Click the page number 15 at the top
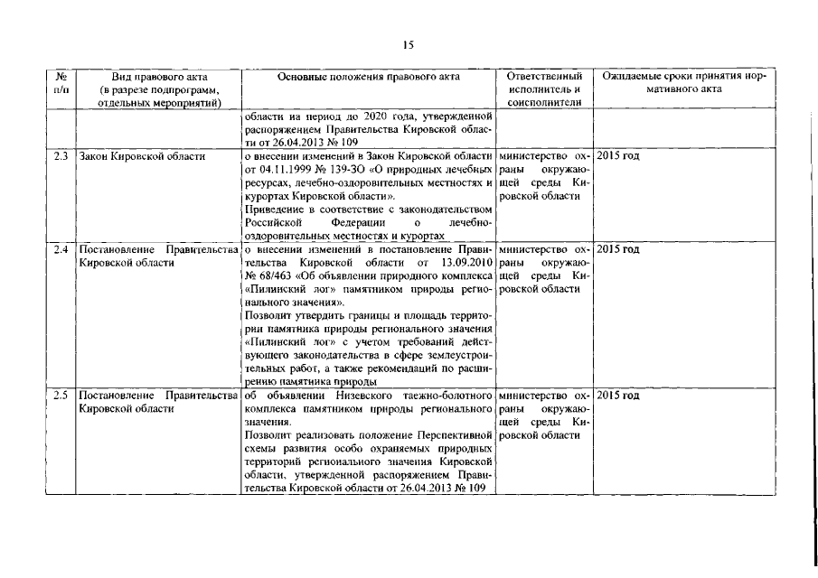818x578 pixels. coord(409,45)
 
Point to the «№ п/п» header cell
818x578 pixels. coord(60,84)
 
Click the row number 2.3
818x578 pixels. coord(61,157)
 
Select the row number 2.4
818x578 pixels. coord(61,249)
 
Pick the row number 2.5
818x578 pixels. coord(61,396)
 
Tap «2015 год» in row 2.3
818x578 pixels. coord(618,157)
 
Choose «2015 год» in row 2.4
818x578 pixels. coord(618,249)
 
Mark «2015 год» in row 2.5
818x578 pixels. coord(618,396)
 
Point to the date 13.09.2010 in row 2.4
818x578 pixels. coord(462,262)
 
